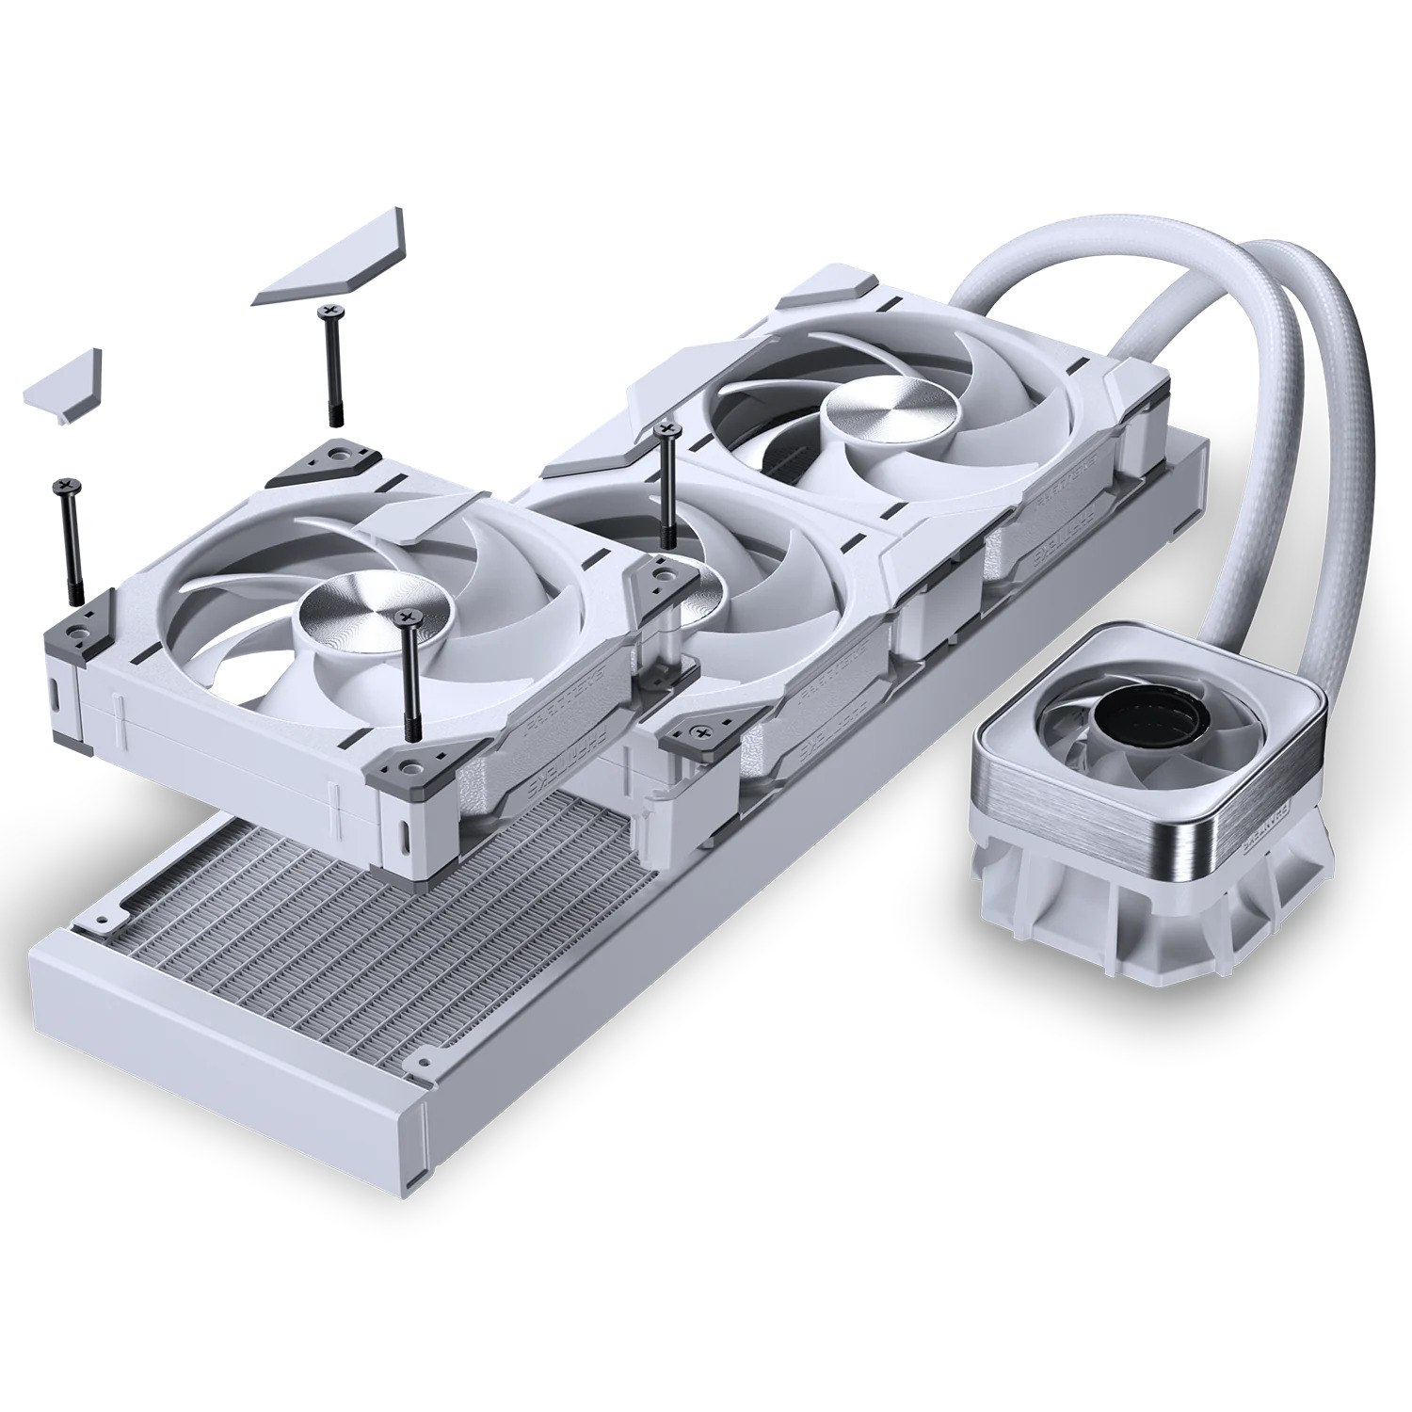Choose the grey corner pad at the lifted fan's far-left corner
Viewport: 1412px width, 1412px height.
[75, 625]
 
